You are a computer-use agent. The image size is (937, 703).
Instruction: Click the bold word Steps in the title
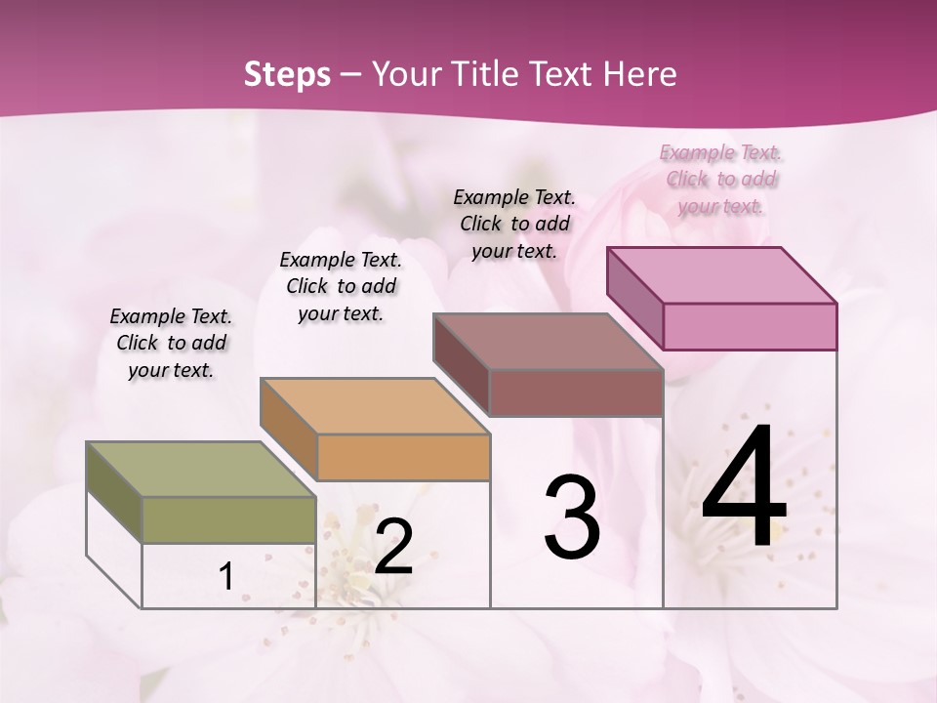[286, 74]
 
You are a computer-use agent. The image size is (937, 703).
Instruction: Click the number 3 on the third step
[572, 517]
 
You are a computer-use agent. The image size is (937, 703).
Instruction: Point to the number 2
[393, 547]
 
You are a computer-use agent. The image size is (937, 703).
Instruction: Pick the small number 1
[226, 577]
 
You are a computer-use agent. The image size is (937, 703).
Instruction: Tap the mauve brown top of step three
[548, 341]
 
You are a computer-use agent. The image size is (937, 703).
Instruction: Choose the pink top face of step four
[721, 274]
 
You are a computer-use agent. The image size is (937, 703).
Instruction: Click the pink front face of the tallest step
[750, 326]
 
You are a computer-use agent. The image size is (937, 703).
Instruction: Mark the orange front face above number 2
[403, 457]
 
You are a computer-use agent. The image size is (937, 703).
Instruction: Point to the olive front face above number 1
[229, 519]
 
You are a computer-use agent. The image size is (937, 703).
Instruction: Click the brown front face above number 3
[576, 393]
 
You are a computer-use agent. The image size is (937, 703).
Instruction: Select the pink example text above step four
[720, 179]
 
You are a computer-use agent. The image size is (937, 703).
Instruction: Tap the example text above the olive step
[171, 343]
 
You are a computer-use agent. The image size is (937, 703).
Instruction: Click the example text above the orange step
[341, 286]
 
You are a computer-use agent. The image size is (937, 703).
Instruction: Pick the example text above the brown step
[514, 224]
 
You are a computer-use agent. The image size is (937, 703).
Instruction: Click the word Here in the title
[641, 74]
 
